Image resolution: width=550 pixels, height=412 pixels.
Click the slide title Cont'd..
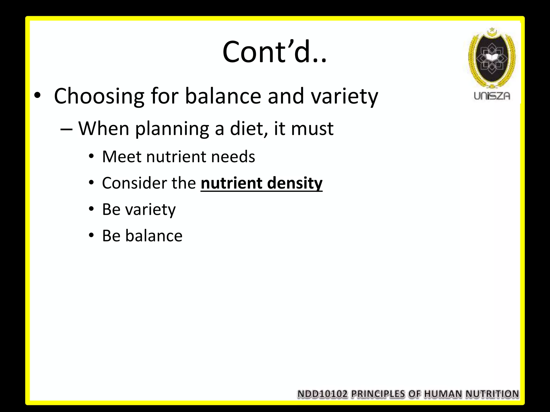(x=274, y=52)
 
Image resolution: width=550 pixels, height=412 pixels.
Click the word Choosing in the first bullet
(x=99, y=96)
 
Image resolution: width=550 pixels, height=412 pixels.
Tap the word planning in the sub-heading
(x=172, y=129)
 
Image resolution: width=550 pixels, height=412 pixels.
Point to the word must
(x=312, y=129)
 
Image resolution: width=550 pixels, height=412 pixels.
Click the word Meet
(x=122, y=157)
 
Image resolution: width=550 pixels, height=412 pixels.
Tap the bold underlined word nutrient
(x=231, y=183)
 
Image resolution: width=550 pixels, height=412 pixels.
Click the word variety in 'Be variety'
(x=150, y=210)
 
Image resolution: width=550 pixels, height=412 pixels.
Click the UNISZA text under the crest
(x=492, y=96)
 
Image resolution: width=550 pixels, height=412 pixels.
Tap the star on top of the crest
(x=492, y=29)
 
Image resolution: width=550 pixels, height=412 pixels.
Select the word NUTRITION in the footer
(x=492, y=394)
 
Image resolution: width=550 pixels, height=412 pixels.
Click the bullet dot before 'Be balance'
(x=92, y=235)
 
